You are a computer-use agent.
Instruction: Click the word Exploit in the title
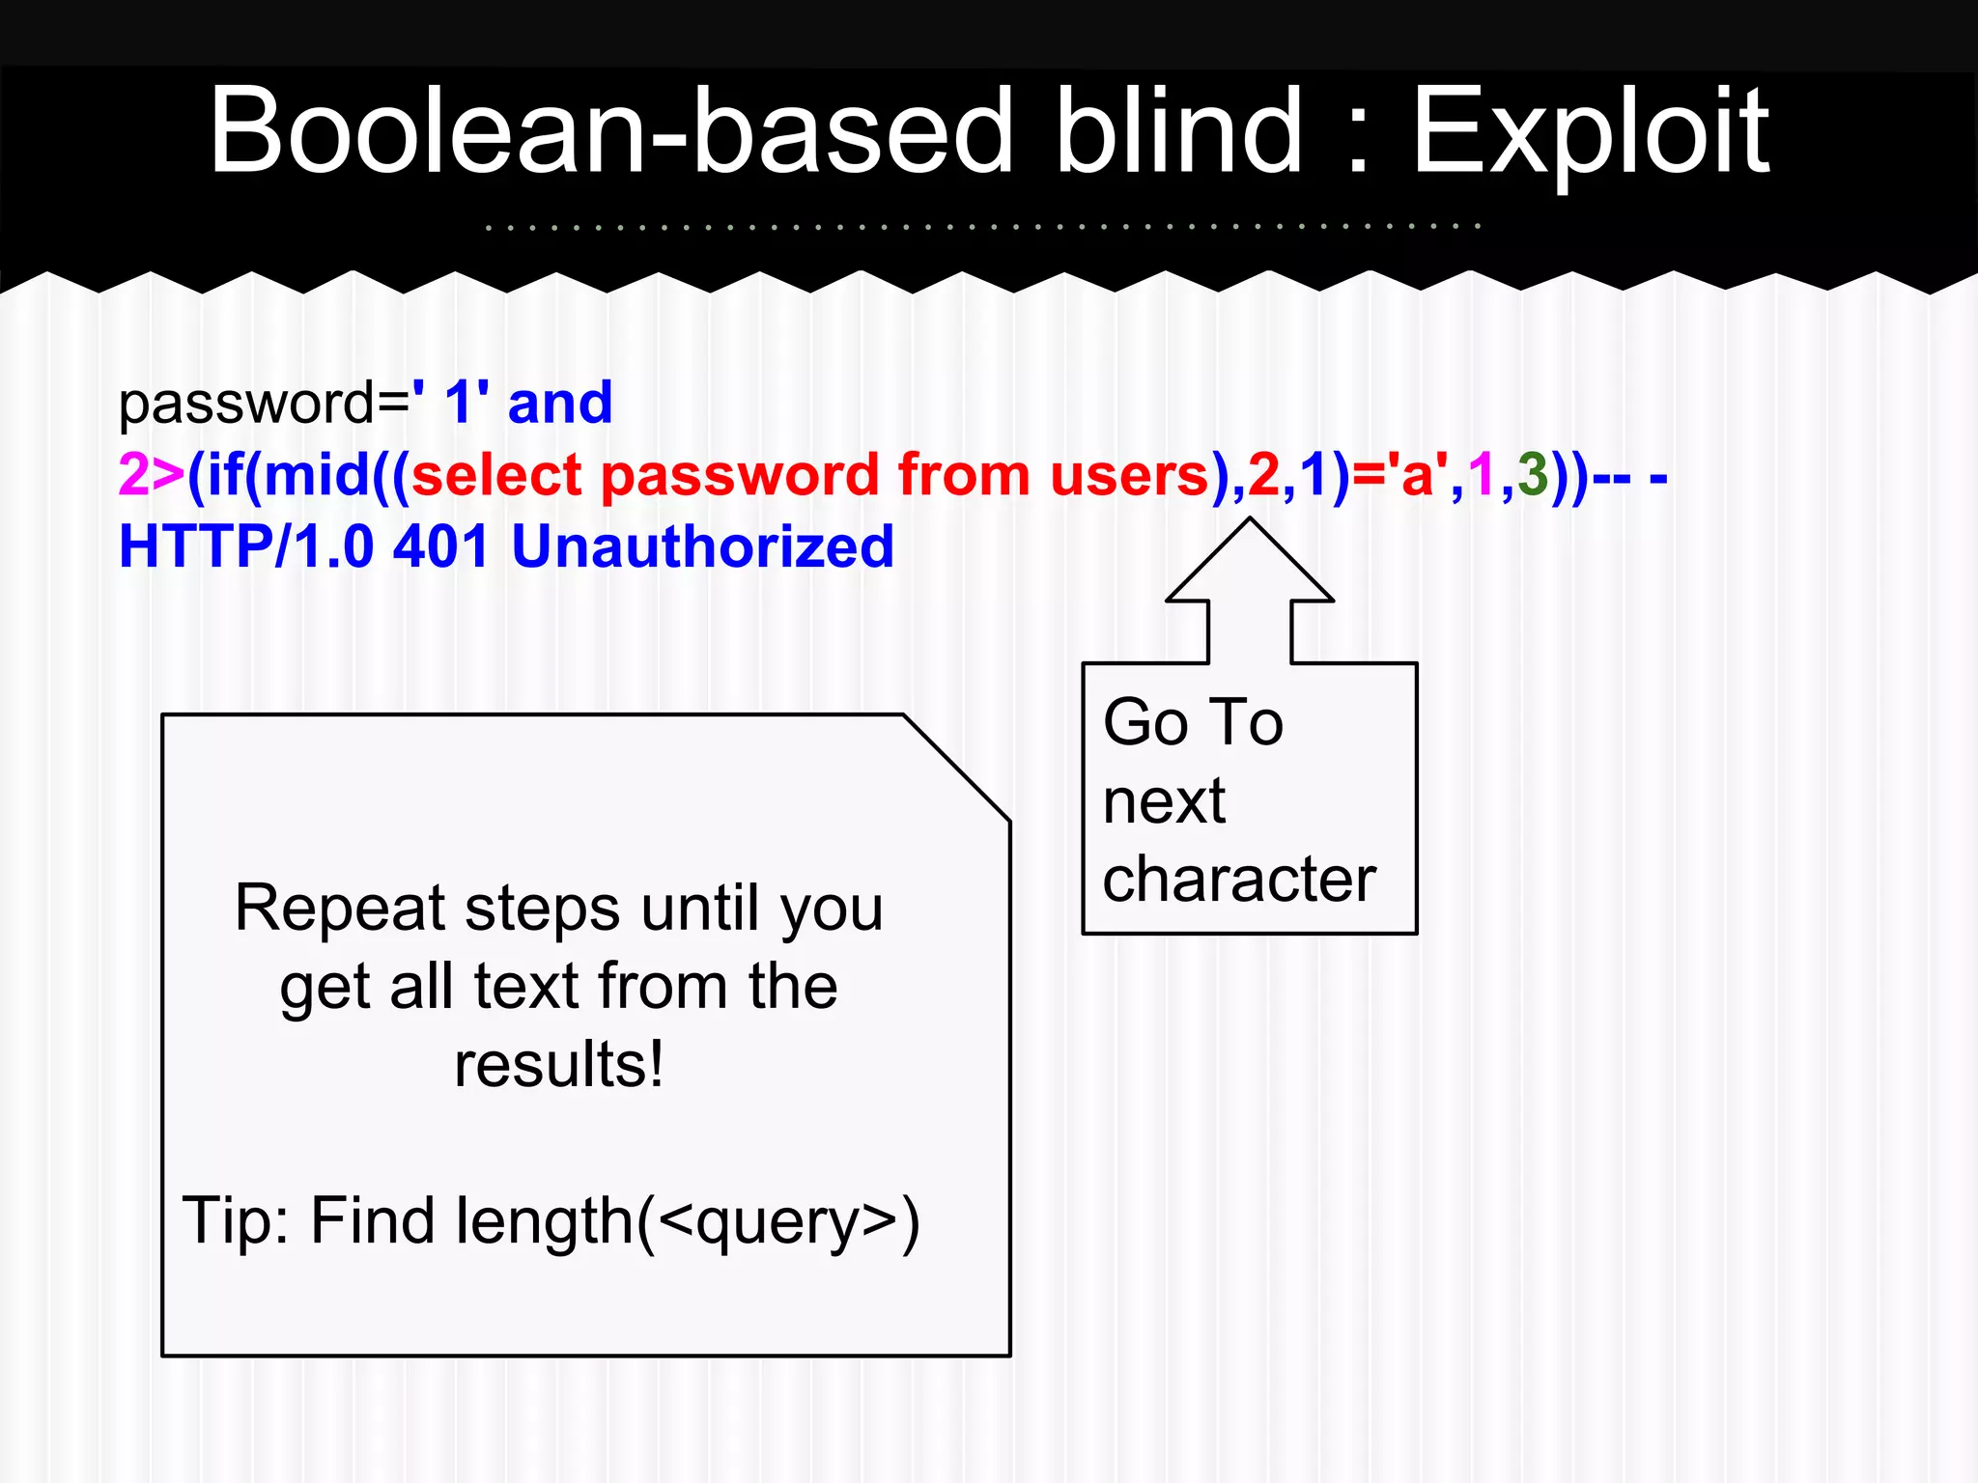point(1590,132)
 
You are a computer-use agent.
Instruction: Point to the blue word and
point(560,404)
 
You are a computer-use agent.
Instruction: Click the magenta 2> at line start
point(150,475)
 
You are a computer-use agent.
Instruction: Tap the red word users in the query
point(1130,475)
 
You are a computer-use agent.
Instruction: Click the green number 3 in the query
point(1533,475)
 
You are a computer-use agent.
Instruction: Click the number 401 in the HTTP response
point(441,547)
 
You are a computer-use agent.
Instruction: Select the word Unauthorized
point(702,547)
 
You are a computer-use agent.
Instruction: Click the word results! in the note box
point(559,1065)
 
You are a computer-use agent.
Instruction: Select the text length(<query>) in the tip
point(688,1222)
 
